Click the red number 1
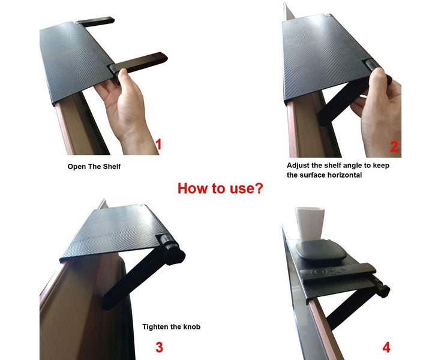[x=159, y=144]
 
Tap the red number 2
[x=394, y=146]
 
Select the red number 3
[x=159, y=346]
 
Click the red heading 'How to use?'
[x=220, y=188]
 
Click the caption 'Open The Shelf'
[x=94, y=166]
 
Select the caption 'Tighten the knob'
[x=171, y=327]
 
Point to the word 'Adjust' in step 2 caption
[x=299, y=165]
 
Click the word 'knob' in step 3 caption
[x=190, y=327]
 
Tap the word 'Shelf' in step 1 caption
[x=110, y=166]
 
